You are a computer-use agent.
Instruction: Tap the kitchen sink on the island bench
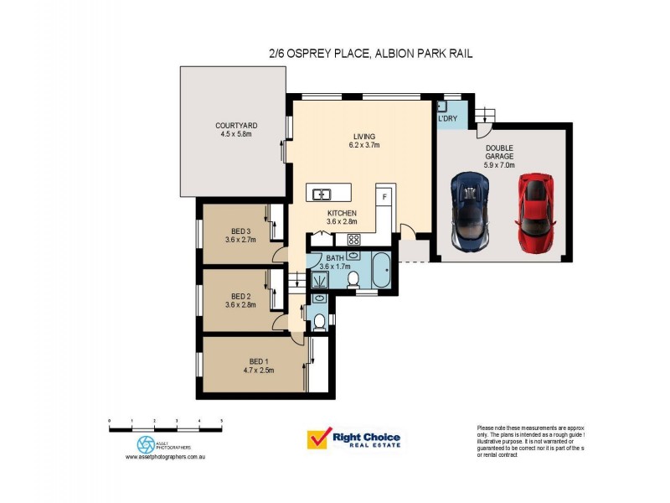tap(321, 194)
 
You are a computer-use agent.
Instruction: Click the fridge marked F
tap(384, 196)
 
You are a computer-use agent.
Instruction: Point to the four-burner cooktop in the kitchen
tap(353, 241)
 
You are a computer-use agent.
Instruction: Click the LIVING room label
tap(363, 137)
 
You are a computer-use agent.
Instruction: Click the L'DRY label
tap(447, 118)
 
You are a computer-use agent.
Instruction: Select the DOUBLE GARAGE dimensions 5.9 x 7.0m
tap(499, 165)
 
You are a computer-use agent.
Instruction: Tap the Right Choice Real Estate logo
tap(354, 438)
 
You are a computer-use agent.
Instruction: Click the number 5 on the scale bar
tap(221, 420)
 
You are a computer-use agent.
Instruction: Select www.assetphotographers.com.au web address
tap(166, 457)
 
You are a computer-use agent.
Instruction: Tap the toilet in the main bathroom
tap(353, 279)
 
